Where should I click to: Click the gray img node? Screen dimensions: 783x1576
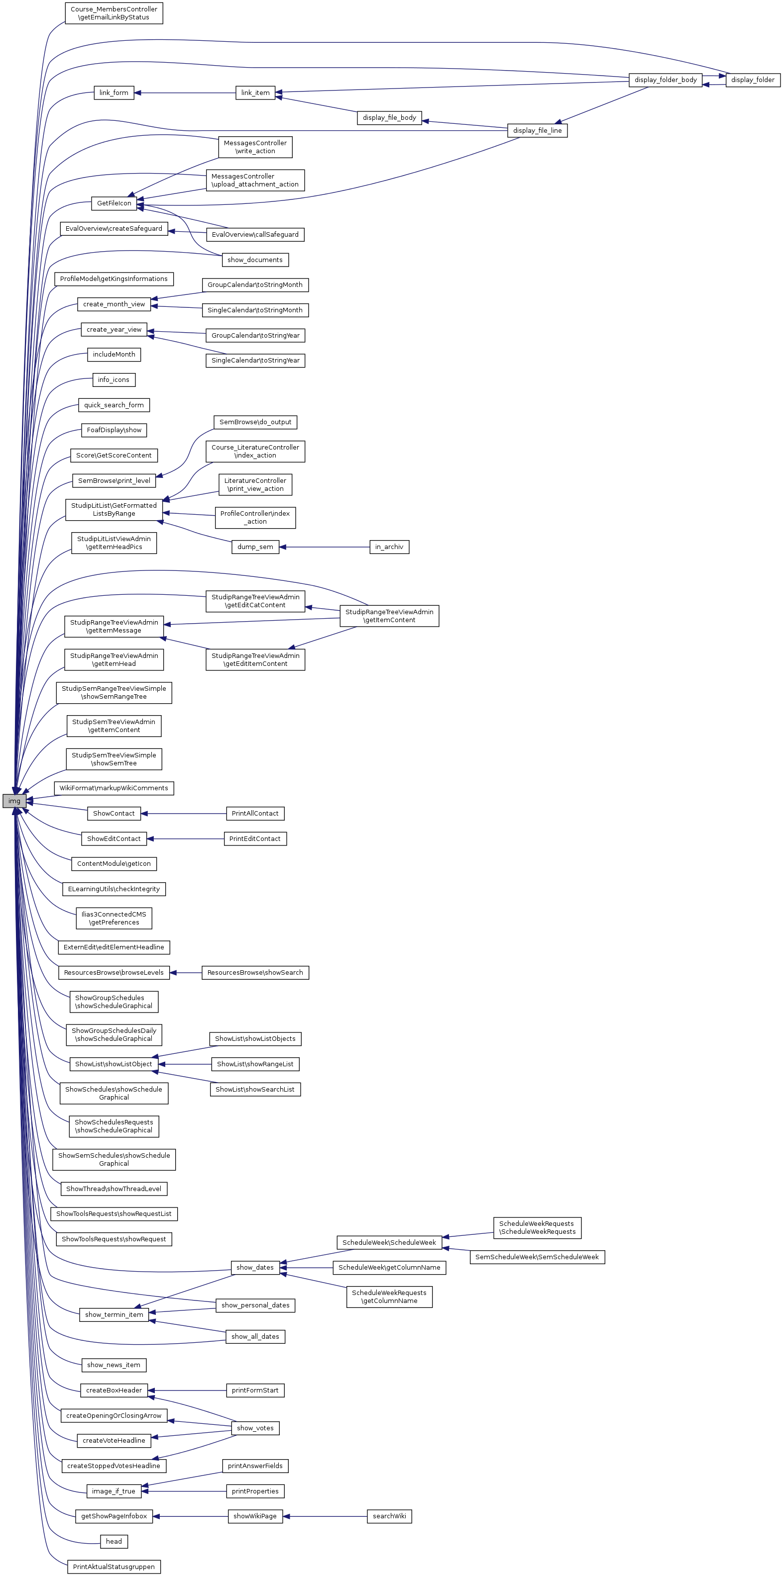click(x=14, y=801)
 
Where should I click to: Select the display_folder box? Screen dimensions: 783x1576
click(x=753, y=80)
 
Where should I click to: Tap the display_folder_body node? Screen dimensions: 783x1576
click(x=666, y=80)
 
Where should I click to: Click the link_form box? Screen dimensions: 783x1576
click(x=114, y=93)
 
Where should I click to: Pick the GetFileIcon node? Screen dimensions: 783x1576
click(x=114, y=203)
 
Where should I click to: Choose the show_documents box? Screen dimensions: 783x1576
click(x=255, y=260)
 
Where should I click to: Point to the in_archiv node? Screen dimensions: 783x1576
click(x=389, y=547)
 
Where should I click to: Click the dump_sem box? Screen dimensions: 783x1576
click(x=255, y=547)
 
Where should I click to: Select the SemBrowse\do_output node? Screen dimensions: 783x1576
click(x=255, y=422)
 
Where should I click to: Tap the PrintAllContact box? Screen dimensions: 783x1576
click(x=255, y=814)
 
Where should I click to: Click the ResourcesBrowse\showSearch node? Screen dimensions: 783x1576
click(x=255, y=973)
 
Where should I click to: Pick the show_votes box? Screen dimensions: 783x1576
click(x=255, y=1428)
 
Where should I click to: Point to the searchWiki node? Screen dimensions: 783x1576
click(x=389, y=1516)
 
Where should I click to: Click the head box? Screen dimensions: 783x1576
click(x=114, y=1541)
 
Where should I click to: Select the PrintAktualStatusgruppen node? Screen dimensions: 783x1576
click(x=114, y=1567)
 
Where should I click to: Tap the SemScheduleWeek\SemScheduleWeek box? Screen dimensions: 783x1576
click(x=537, y=1257)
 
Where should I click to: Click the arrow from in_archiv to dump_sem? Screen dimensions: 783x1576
click(x=325, y=547)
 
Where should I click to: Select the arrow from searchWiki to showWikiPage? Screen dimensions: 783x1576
click(x=325, y=1516)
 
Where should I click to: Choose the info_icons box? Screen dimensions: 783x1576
click(x=114, y=380)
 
